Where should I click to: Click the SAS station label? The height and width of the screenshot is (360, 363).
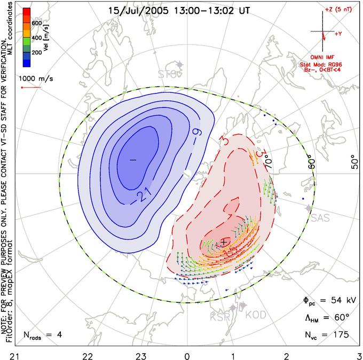320,217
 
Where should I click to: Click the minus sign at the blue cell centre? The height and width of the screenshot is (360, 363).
133,159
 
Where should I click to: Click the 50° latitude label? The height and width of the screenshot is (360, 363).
352,163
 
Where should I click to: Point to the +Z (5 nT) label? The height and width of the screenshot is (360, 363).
338,9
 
